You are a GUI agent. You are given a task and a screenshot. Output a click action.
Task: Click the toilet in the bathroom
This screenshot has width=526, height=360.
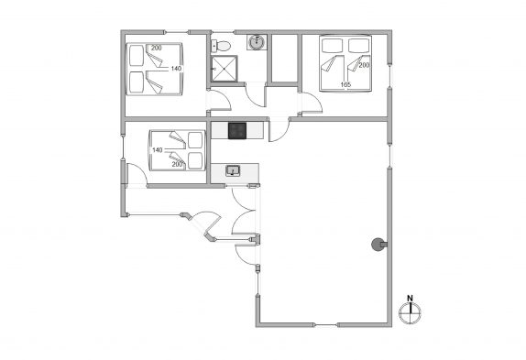tap(221, 46)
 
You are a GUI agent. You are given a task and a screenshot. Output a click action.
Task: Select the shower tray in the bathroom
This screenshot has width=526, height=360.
tap(225, 69)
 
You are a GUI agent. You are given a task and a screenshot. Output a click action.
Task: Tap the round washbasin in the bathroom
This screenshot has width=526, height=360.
tap(258, 42)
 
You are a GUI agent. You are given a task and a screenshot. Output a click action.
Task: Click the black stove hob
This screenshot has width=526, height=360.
tap(237, 130)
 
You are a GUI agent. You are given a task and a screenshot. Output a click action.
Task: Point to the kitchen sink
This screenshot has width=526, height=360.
tap(233, 171)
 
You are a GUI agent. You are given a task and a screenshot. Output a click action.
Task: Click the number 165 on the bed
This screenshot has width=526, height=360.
tap(345, 85)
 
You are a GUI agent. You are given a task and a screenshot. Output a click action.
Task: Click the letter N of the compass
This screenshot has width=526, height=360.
tap(410, 298)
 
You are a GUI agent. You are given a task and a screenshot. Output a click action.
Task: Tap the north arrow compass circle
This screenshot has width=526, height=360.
tap(410, 312)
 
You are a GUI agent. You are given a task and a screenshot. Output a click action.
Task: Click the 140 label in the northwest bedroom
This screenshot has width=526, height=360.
tap(176, 69)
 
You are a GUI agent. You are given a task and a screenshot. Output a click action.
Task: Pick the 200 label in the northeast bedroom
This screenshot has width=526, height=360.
tap(364, 65)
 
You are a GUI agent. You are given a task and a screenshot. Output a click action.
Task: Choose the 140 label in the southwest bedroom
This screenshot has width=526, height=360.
tap(158, 150)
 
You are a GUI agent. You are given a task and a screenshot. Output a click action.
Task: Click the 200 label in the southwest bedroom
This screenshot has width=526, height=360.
tap(177, 164)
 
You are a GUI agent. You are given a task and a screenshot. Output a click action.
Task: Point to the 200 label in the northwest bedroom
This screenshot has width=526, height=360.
tap(157, 48)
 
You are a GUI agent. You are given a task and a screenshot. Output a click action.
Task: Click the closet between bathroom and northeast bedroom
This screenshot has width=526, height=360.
tap(284, 58)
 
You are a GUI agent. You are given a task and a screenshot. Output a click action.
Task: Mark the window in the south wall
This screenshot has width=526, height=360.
tap(325, 324)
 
